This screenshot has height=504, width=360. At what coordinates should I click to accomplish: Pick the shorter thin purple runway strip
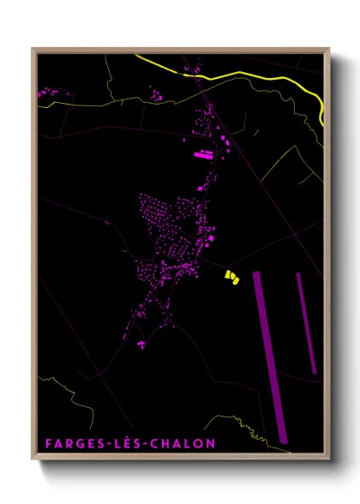[x=306, y=322]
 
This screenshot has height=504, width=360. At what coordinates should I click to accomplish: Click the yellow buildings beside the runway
[x=231, y=276]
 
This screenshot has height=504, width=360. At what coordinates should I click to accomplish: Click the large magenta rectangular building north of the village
[x=203, y=155]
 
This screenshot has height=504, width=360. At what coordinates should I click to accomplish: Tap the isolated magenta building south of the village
[x=141, y=345]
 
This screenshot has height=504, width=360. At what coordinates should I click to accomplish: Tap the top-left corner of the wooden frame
[x=33, y=49]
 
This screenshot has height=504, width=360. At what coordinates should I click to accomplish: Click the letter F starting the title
[x=50, y=443]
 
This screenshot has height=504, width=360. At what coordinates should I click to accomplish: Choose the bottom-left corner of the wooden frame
[x=33, y=459]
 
